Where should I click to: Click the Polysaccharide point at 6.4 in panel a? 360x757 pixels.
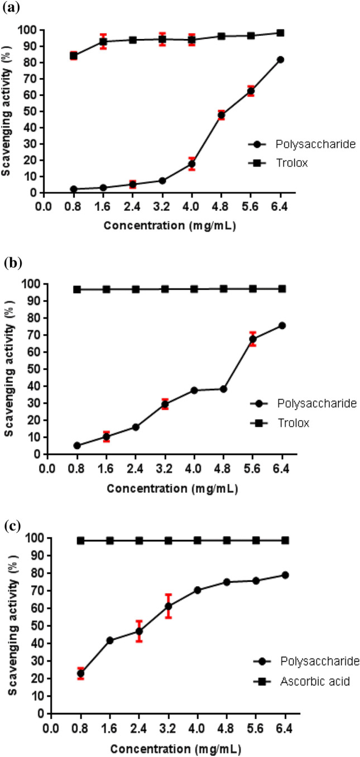click(x=280, y=60)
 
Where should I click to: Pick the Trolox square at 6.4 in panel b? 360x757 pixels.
click(x=282, y=288)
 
